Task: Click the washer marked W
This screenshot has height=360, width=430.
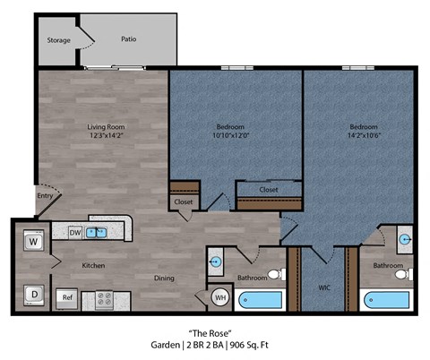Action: pos(34,242)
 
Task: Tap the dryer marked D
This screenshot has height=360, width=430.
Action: pos(34,293)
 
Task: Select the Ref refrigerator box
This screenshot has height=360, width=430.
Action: pos(67,297)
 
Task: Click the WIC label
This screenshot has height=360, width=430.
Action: pos(325,288)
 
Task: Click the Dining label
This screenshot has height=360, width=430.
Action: pos(164,279)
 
